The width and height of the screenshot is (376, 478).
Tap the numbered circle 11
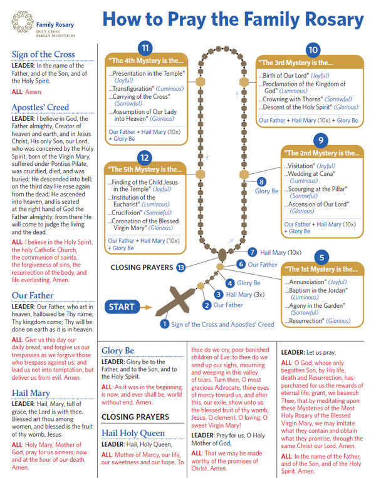point(145,48)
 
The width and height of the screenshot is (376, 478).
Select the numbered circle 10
point(313,49)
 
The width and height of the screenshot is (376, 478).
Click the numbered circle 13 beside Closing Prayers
point(182,267)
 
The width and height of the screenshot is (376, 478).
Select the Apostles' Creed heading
point(39,107)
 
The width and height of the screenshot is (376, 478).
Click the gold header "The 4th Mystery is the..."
point(146,61)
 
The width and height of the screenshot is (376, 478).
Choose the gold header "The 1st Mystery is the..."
point(322,269)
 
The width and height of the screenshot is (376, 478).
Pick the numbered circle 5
point(321,257)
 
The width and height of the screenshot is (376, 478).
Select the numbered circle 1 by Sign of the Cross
point(164,324)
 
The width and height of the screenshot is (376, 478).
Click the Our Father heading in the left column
point(33,295)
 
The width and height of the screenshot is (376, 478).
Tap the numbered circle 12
point(145,157)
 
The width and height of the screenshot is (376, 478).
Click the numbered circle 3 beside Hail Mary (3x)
point(218,294)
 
